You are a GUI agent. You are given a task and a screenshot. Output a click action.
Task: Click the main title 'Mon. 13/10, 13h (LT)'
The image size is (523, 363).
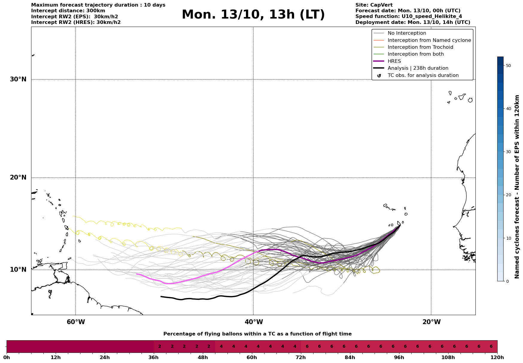(x=253, y=15)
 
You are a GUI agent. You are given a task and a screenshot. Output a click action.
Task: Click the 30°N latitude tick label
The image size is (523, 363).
(x=18, y=79)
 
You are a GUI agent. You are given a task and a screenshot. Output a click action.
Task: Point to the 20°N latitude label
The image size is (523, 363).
(x=18, y=177)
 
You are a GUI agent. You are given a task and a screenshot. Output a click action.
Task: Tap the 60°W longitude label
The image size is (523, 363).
(x=76, y=322)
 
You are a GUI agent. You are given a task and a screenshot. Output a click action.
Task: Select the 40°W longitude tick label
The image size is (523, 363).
(x=254, y=322)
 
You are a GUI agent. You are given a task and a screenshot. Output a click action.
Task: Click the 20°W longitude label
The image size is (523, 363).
(x=431, y=322)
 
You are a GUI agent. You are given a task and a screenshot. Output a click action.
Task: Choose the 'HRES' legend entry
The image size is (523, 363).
(x=394, y=61)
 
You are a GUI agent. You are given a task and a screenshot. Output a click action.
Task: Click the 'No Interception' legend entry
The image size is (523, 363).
(x=407, y=33)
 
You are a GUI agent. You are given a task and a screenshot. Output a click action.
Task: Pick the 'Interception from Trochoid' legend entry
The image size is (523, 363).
(x=420, y=47)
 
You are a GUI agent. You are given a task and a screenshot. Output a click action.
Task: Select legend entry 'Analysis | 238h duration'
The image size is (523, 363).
(x=418, y=68)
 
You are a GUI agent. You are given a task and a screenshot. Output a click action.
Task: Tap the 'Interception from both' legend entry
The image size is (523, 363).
(x=416, y=54)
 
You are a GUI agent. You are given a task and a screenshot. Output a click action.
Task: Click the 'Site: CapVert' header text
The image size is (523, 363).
(x=374, y=5)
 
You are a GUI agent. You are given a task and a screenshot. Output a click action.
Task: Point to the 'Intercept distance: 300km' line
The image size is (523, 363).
(x=68, y=11)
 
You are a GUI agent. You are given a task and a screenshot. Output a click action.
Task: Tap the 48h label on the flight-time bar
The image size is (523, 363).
(x=203, y=358)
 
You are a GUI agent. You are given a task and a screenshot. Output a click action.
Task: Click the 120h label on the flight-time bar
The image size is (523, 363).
(x=497, y=358)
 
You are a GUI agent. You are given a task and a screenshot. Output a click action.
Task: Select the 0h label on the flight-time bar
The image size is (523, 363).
(x=7, y=358)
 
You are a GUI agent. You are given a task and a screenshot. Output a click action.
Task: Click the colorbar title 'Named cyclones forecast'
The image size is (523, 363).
(x=517, y=187)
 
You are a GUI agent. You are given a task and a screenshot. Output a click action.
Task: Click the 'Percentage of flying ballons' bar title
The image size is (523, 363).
(x=257, y=334)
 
